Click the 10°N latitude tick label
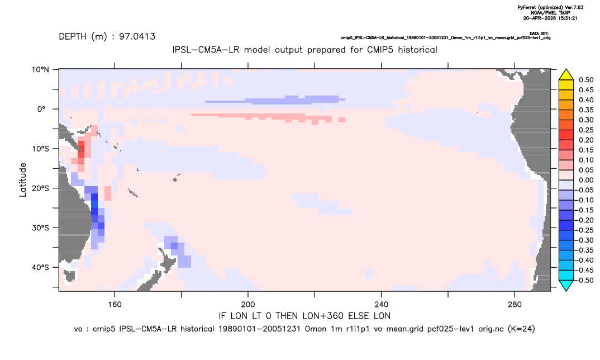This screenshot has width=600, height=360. point(40,70)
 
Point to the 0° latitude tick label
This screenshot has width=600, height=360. point(42,109)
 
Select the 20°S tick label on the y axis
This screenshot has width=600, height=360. point(40,188)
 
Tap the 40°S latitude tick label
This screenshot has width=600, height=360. point(40,267)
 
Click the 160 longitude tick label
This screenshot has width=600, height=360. point(115,305)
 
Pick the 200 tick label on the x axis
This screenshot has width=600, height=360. point(248,305)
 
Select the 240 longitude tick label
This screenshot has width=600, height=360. point(382,305)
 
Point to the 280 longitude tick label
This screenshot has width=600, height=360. point(515,305)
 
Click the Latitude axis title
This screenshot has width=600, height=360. point(23,180)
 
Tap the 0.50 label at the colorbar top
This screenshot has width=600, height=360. point(586,80)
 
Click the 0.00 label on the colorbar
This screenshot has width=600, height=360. point(586,180)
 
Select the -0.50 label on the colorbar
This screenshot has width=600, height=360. point(585,280)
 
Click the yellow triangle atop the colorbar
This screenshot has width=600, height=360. point(566,75)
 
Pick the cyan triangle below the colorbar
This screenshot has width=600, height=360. point(566,285)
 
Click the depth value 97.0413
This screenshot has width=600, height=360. point(137,37)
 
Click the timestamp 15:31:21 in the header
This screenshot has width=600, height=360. point(567,18)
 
